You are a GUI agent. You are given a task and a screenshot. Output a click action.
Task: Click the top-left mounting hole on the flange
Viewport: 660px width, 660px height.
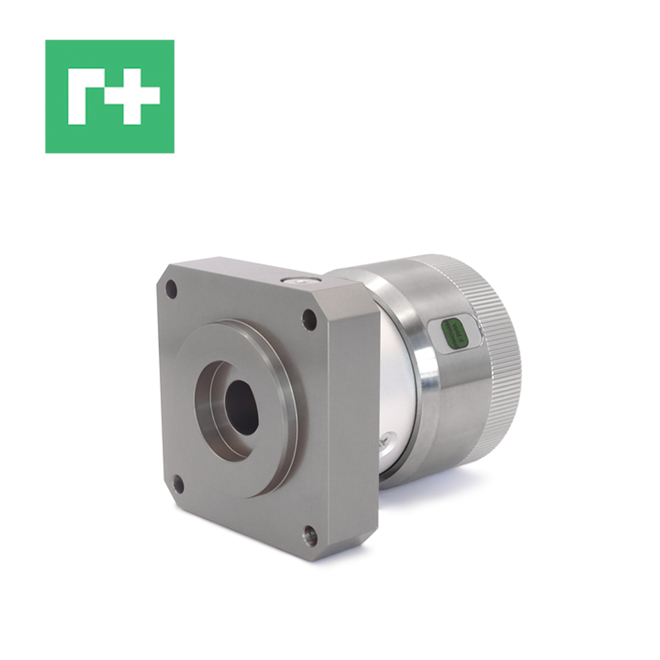click(x=171, y=289)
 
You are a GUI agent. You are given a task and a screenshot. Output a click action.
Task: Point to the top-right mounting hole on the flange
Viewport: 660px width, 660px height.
click(x=309, y=321)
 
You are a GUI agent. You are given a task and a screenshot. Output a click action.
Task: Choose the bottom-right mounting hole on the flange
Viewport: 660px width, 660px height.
click(x=310, y=537)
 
